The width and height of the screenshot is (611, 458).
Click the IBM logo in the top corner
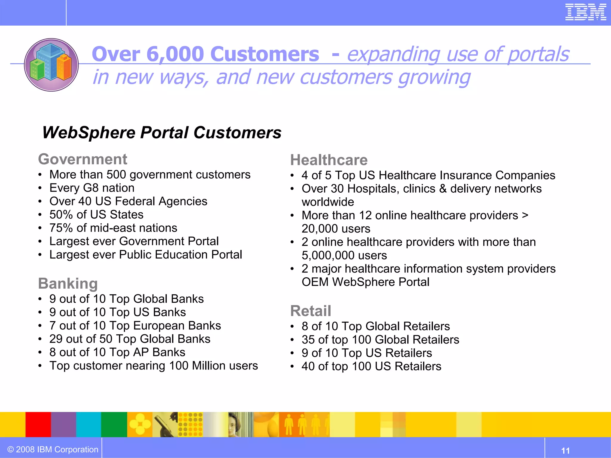tap(586, 12)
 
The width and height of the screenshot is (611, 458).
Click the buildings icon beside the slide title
tap(51, 65)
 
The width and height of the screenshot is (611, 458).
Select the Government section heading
tap(83, 159)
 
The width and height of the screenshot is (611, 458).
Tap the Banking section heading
tap(68, 284)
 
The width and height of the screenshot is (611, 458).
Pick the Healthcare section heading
tap(329, 160)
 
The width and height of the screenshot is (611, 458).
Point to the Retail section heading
tap(311, 311)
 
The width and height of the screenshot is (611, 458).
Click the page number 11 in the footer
tap(565, 451)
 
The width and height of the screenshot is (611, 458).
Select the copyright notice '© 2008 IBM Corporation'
tap(53, 449)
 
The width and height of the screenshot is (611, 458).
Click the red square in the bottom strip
tap(38, 424)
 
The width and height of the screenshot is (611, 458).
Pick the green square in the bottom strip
tap(114, 424)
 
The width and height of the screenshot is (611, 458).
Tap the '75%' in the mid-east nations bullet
tap(61, 228)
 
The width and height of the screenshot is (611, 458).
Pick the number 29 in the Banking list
tap(56, 339)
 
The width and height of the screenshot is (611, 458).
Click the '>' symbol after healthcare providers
tap(525, 215)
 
